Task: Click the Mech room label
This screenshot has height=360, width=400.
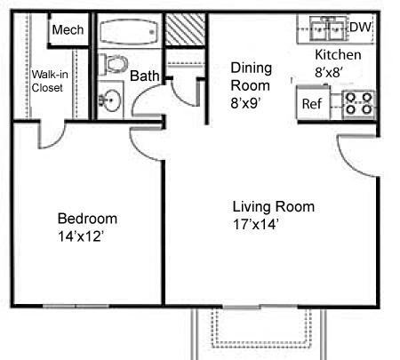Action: pos(68,29)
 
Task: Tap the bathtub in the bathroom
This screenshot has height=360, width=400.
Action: pos(128,31)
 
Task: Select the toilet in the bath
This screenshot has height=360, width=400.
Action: pos(113,64)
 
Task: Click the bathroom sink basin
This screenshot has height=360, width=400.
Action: pos(109,100)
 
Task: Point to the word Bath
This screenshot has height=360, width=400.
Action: pos(145,76)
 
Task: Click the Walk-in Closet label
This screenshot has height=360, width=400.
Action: pos(50,81)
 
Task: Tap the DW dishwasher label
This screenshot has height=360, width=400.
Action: pos(360,28)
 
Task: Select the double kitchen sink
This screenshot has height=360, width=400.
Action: pos(327,28)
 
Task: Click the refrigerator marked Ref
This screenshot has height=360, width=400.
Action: pos(314,103)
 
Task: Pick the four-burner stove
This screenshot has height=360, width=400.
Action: pos(359,104)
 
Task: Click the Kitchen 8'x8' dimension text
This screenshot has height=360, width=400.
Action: pos(338,63)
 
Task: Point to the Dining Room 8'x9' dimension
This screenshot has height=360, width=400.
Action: pos(252,85)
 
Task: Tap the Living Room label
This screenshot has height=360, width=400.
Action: pos(274,206)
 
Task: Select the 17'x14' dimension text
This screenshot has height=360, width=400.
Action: pos(256,224)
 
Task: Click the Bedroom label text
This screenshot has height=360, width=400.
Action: pos(87,219)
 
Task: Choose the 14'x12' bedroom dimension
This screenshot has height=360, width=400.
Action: pos(81,236)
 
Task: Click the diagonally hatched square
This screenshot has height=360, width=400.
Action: pos(185,29)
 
